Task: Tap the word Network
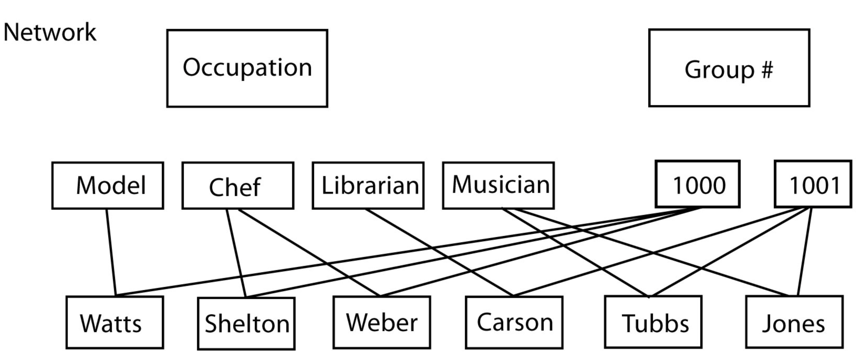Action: click(x=49, y=32)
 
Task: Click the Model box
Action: click(x=108, y=186)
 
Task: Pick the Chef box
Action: click(x=238, y=186)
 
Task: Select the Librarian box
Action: click(x=368, y=186)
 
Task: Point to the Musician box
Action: click(x=498, y=186)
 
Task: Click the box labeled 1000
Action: click(x=698, y=184)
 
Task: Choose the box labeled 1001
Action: click(x=813, y=184)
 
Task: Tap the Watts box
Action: click(x=115, y=322)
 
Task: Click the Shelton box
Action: click(x=246, y=323)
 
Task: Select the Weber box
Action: click(x=382, y=322)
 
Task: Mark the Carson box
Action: click(x=514, y=322)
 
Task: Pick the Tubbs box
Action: click(x=653, y=322)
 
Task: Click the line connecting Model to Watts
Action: click(x=111, y=252)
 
